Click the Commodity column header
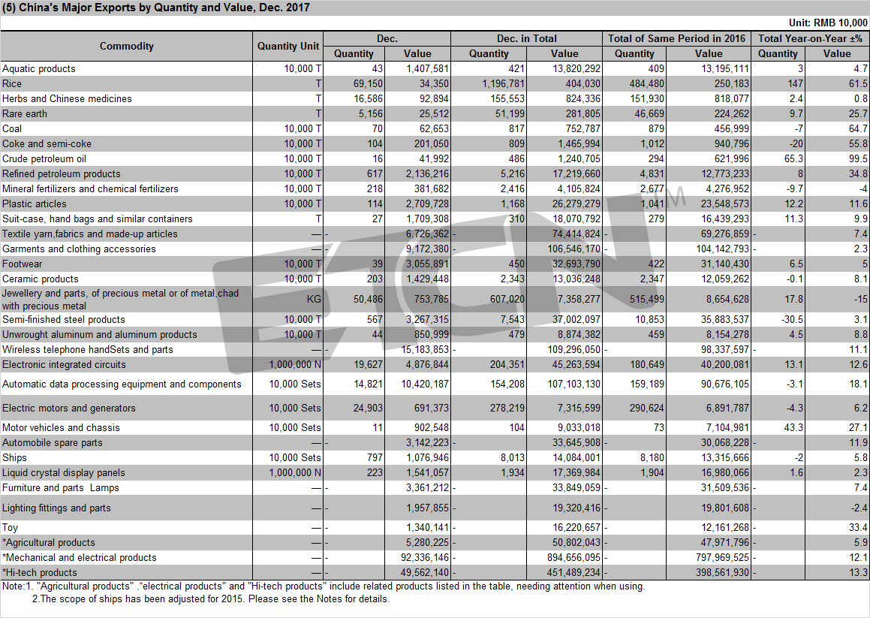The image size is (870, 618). point(127,46)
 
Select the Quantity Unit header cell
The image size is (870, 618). point(288,46)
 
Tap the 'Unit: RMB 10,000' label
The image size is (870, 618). point(828,23)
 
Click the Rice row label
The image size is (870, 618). point(12,84)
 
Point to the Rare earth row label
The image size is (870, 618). point(25,114)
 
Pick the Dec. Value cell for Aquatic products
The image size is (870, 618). point(427,69)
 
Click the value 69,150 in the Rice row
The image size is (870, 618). point(368,84)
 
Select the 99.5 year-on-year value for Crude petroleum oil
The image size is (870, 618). point(858,158)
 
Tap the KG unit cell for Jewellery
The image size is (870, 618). point(314,300)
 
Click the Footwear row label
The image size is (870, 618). point(23,264)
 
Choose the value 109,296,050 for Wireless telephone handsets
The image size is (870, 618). point(573,350)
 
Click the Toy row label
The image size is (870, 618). point(10,527)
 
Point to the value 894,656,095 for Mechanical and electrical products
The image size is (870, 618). point(573,557)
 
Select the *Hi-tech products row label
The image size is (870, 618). point(39,572)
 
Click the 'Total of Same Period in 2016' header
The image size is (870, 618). point(676,38)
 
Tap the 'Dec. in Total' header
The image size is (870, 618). point(526,38)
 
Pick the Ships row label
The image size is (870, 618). point(14,458)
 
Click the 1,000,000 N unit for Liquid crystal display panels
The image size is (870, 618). point(295,473)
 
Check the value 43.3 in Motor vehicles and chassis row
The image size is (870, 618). point(794,428)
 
